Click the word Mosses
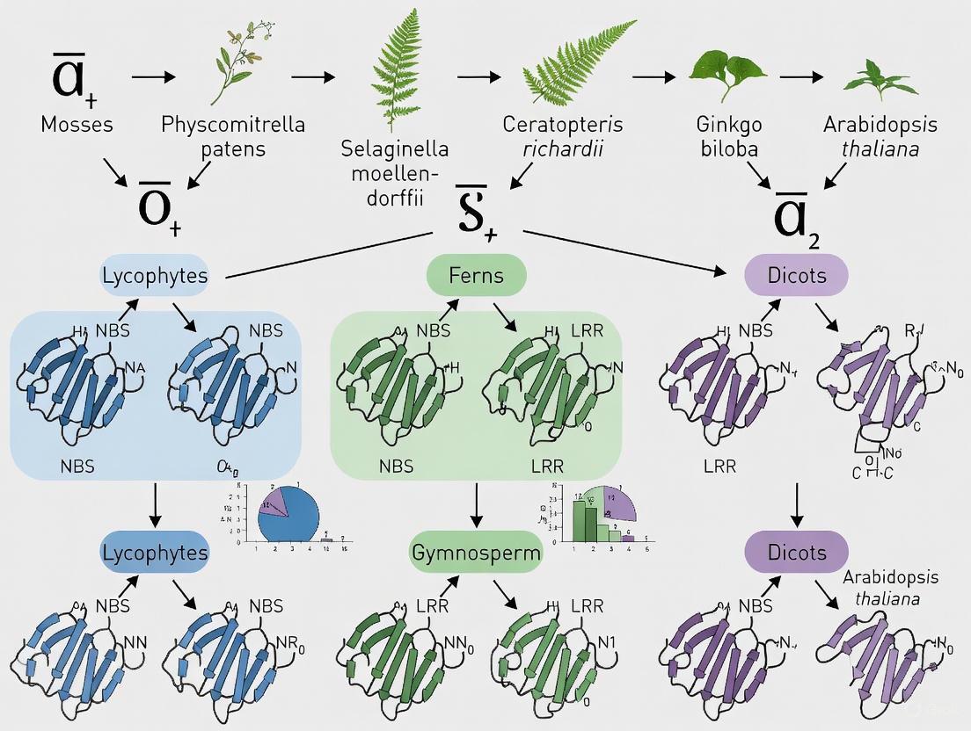tap(77, 124)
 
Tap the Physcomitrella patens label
tap(233, 135)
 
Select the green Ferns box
tap(476, 275)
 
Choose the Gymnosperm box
tap(476, 554)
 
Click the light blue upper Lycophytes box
tap(155, 275)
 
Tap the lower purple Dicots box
tap(796, 553)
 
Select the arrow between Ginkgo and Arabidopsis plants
tap(807, 76)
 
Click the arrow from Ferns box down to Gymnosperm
tap(476, 505)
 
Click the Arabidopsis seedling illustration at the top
tap(880, 78)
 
